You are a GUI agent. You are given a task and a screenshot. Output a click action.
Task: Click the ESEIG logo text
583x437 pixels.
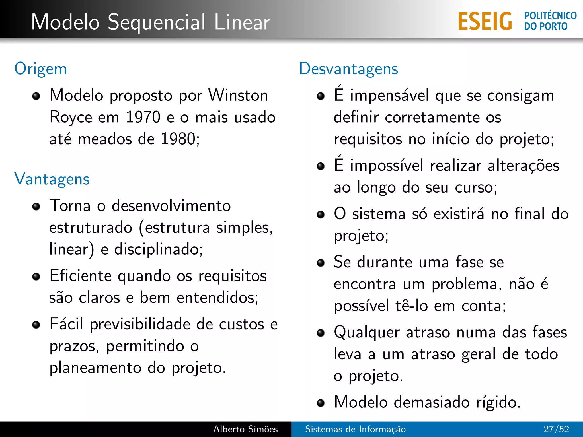point(485,21)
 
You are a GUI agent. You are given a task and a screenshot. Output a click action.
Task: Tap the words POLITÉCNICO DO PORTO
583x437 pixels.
point(550,21)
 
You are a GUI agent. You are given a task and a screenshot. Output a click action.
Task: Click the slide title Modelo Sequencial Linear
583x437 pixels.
point(151,22)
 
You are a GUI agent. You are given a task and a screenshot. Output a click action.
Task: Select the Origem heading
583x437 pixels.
point(41,69)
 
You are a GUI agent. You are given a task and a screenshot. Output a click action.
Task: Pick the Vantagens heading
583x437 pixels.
point(52,179)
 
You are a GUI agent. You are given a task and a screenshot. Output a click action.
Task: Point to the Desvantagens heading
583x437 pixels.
point(348,69)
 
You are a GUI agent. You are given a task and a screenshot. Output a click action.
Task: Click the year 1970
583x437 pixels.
point(143,117)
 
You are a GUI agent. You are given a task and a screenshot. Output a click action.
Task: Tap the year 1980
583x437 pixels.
point(178,139)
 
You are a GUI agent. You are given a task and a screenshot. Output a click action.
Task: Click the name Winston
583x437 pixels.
point(238,95)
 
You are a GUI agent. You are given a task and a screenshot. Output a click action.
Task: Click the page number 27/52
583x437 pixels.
point(556,429)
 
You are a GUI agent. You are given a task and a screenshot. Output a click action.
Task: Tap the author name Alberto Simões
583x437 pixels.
point(245,429)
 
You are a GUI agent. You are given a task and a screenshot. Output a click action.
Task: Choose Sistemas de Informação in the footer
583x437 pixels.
point(355,429)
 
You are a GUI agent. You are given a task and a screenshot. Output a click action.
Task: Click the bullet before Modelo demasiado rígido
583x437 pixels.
point(321,403)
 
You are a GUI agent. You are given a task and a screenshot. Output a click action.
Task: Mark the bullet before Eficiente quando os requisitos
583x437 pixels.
point(36,277)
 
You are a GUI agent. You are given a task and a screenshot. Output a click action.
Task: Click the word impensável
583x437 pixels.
point(389,95)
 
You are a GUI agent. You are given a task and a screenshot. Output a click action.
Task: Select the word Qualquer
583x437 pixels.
point(367,333)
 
